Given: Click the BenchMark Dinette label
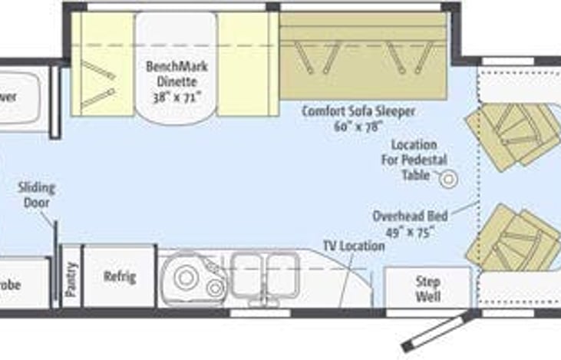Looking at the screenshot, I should tap(177, 72).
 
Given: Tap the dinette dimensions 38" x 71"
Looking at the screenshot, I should tap(177, 97).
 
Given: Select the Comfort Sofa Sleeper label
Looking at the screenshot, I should tap(358, 111).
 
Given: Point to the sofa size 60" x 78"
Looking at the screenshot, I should tap(358, 125).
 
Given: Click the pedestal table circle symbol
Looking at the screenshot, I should tap(448, 179).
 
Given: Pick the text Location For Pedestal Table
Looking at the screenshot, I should tap(413, 159).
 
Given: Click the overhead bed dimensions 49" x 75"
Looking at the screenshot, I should tap(414, 230).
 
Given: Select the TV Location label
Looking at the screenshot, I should tap(353, 246).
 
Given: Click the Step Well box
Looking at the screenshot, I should tap(427, 288).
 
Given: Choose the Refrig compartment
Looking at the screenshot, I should tap(120, 276).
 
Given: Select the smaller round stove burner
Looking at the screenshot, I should tap(215, 287).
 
